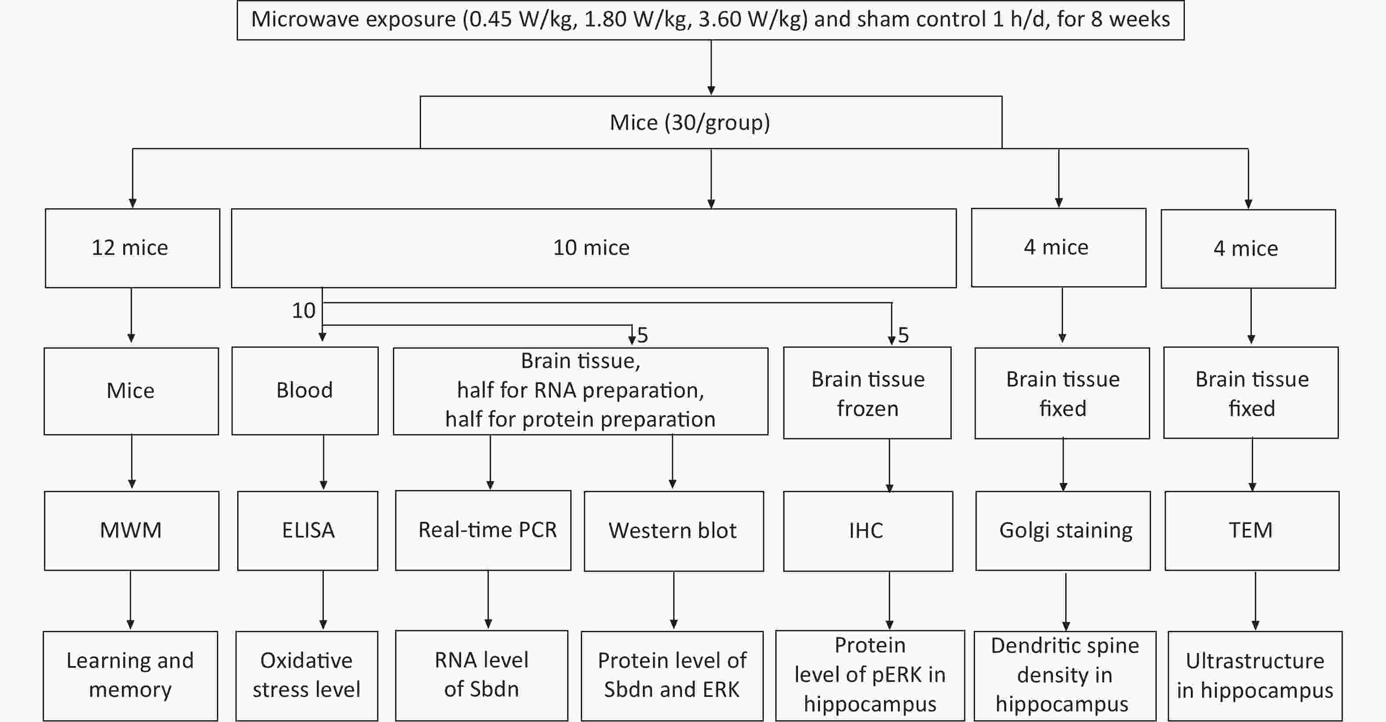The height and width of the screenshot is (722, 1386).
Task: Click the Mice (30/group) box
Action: [711, 122]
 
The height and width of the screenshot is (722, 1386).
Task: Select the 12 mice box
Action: [132, 248]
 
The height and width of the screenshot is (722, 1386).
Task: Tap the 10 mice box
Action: [594, 248]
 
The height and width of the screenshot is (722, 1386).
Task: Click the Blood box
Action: [305, 391]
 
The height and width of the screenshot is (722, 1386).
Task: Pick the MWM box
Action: [132, 530]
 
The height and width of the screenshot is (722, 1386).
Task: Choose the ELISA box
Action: [308, 530]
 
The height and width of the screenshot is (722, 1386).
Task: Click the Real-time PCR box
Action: [483, 530]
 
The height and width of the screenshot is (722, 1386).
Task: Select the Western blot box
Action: [674, 531]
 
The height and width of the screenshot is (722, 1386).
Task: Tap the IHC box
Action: [868, 531]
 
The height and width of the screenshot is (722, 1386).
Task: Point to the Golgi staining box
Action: [1063, 531]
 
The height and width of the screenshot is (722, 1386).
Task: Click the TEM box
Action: [1252, 530]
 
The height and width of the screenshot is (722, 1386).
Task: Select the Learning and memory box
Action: [131, 676]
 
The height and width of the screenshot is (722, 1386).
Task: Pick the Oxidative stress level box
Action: [307, 676]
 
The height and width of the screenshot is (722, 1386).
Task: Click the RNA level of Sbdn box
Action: [481, 675]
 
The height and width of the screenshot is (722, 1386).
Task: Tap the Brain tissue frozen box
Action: [867, 393]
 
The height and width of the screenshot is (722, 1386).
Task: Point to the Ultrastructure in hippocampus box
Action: [1255, 676]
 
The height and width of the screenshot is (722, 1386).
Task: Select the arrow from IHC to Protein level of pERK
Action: [889, 600]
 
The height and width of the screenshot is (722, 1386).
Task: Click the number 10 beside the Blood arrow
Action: [304, 311]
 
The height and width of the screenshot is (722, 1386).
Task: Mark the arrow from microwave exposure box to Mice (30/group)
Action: [711, 68]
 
